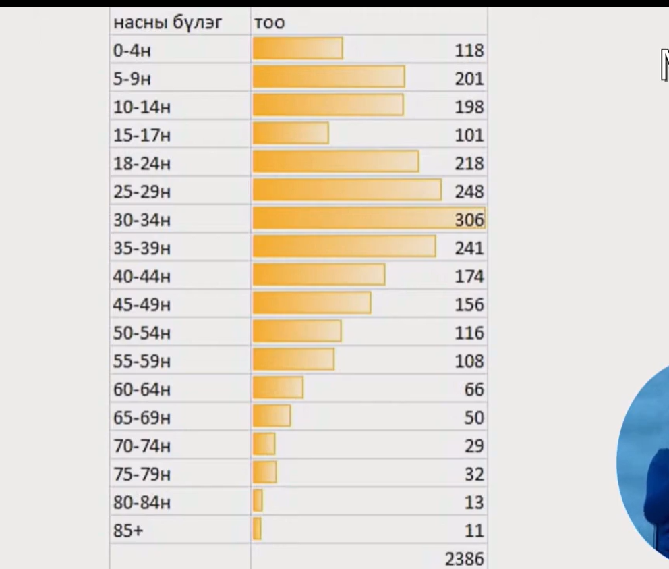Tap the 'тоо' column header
[x=269, y=22]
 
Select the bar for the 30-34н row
[x=368, y=219]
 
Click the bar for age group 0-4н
[x=297, y=49]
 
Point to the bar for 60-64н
[x=278, y=388]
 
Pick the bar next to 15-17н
[x=291, y=134]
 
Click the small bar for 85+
[x=257, y=529]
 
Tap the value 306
[x=469, y=220]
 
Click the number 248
[x=469, y=192]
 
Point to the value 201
[x=469, y=78]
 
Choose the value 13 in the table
[x=474, y=502]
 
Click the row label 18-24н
[x=142, y=163]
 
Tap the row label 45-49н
[x=142, y=304]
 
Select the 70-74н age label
[x=142, y=446]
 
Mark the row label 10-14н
[x=142, y=107]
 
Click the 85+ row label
[x=128, y=531]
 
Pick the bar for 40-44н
[x=319, y=275]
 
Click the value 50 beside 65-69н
[x=474, y=418]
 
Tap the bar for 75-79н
[x=264, y=472]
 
